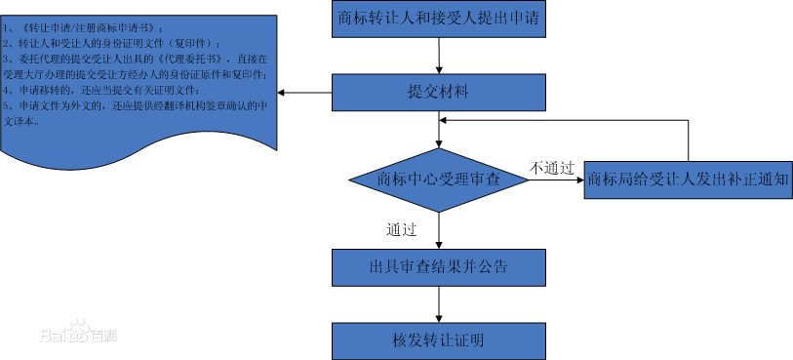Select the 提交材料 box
tap(438, 93)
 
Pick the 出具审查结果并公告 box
tap(438, 265)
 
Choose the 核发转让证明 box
tap(438, 340)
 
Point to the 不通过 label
tap(551, 167)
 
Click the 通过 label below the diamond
tap(402, 230)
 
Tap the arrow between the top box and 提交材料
tap(439, 57)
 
